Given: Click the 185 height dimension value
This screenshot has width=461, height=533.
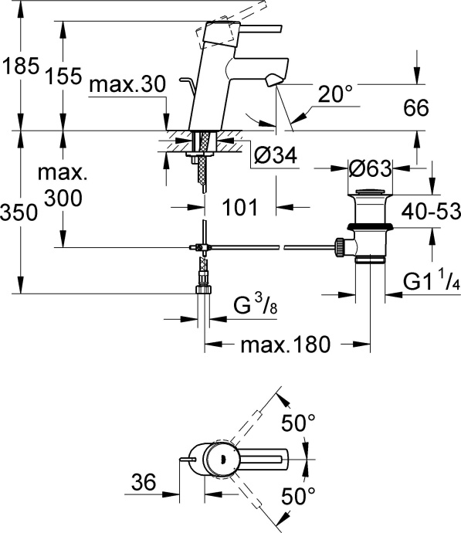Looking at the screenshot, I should point(19,67).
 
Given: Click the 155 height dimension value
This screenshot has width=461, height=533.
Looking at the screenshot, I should point(63,76).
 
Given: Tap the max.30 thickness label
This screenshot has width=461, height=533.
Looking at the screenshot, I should point(127,86).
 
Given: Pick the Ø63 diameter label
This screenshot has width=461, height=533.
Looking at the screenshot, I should point(370,168).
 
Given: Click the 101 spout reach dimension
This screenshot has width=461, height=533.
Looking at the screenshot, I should point(239,206).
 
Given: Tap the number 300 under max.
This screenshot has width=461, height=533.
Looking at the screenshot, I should point(63,199).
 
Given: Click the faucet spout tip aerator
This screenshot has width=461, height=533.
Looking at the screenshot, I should point(273,80).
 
